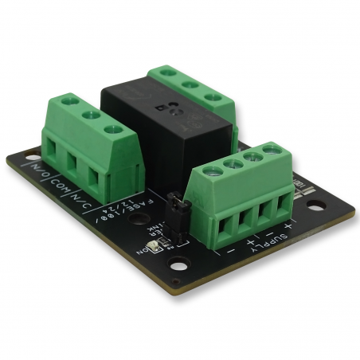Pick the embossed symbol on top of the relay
tap(170, 109)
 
